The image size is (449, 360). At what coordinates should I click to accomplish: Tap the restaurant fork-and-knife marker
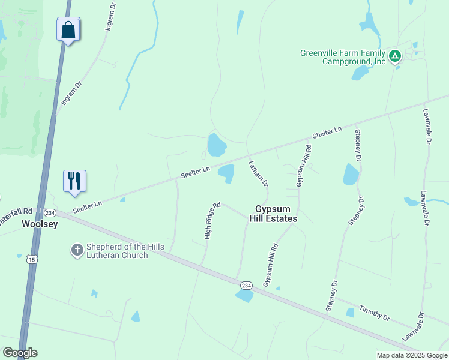pos(75,181)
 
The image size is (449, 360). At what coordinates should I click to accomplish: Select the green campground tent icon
pos(394,56)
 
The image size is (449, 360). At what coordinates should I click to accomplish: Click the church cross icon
pos(77,250)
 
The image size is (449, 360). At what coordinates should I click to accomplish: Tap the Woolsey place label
pos(39,224)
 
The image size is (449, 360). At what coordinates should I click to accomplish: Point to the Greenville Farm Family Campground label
pos(343,57)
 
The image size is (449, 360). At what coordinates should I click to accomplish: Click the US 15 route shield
pos(31,259)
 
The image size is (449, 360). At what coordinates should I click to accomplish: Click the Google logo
pos(20,353)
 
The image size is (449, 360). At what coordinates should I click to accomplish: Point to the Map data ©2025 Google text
pos(412,355)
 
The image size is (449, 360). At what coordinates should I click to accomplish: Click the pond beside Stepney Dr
pos(351,174)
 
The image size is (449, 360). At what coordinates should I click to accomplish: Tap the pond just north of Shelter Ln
pos(215,145)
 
